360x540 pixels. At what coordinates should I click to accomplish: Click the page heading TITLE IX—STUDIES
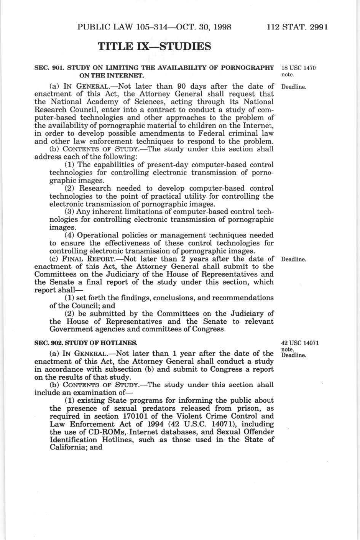coord(154,47)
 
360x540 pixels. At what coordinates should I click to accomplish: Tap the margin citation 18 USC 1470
coord(298,68)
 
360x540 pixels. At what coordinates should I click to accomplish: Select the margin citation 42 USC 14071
coord(300,343)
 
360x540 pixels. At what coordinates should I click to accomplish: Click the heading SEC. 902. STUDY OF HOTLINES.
coord(86,343)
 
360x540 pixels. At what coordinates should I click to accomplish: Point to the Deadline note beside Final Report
coord(294,260)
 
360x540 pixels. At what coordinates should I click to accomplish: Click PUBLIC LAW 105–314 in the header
coord(123,27)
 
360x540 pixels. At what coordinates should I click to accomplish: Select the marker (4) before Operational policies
coord(69,235)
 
